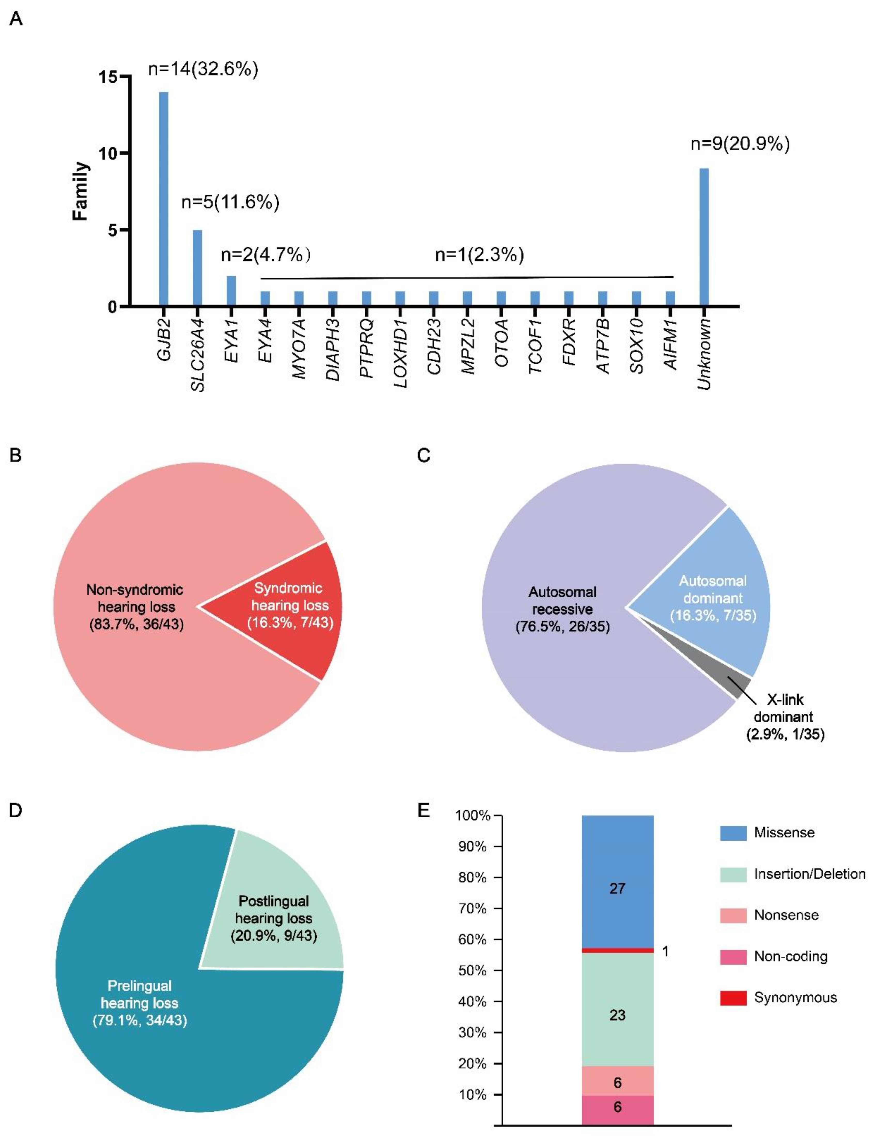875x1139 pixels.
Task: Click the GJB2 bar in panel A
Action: click(163, 199)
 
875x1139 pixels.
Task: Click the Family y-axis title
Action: click(81, 191)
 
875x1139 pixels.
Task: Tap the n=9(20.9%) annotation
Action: click(740, 144)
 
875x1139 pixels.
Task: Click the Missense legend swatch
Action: click(733, 833)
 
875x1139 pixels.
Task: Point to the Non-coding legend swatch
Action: click(733, 957)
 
